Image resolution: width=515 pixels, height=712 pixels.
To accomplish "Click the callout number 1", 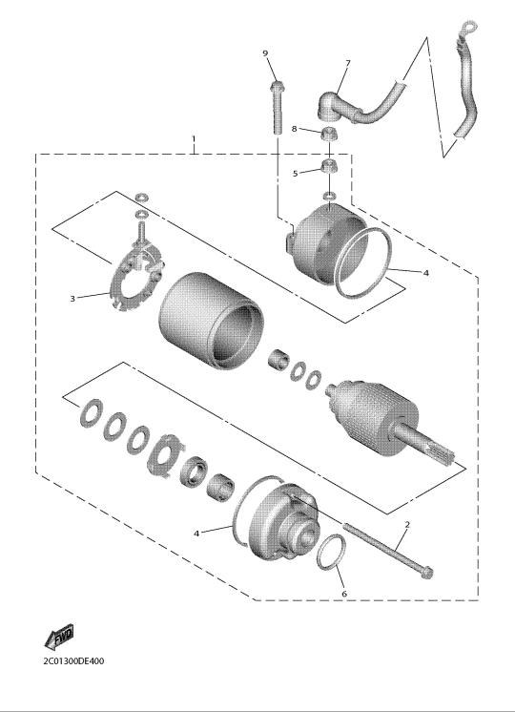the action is (194, 137).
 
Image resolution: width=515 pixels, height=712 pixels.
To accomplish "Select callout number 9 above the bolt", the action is (265, 53).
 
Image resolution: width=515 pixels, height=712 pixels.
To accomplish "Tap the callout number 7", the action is (348, 63).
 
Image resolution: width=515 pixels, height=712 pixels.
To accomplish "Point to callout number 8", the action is (294, 129).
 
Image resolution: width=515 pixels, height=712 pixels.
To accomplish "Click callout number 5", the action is (296, 174).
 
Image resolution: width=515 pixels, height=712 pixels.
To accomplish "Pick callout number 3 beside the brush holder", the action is (72, 299).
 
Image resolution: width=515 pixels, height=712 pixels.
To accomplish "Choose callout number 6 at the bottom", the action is (344, 594).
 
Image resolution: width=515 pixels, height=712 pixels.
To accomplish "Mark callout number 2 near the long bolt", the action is (407, 525).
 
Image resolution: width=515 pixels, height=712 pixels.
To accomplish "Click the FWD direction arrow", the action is (59, 637).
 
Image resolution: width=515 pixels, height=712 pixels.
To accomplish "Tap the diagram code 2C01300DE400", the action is (73, 660).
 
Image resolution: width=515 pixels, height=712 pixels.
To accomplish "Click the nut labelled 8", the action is (328, 133).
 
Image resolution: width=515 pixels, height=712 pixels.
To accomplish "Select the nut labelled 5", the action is (328, 166).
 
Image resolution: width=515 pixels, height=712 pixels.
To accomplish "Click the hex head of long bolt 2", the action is (426, 572).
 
